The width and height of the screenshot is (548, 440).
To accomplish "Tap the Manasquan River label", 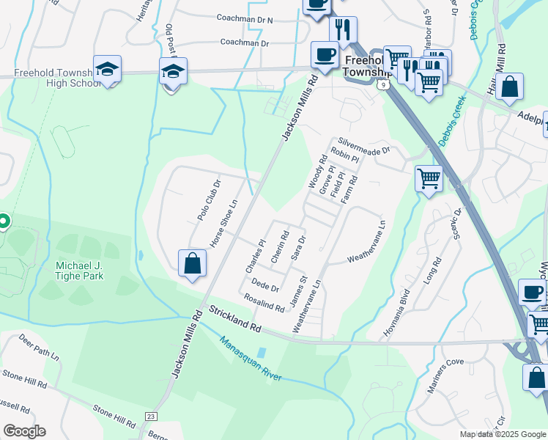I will tap(251, 359).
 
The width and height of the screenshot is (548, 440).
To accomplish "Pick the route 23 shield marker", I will tap(152, 417).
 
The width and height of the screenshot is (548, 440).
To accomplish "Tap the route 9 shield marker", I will tap(383, 85).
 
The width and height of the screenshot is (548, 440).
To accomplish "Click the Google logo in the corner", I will tap(24, 430).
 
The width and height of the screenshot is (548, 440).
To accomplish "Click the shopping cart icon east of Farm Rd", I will tap(429, 177).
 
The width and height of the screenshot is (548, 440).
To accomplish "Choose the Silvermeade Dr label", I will tap(363, 146).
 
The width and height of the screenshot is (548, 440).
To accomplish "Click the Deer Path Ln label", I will tap(40, 348).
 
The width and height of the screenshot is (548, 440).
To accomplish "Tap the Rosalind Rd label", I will tap(264, 304).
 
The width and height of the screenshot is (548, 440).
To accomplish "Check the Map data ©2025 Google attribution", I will tap(502, 434).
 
